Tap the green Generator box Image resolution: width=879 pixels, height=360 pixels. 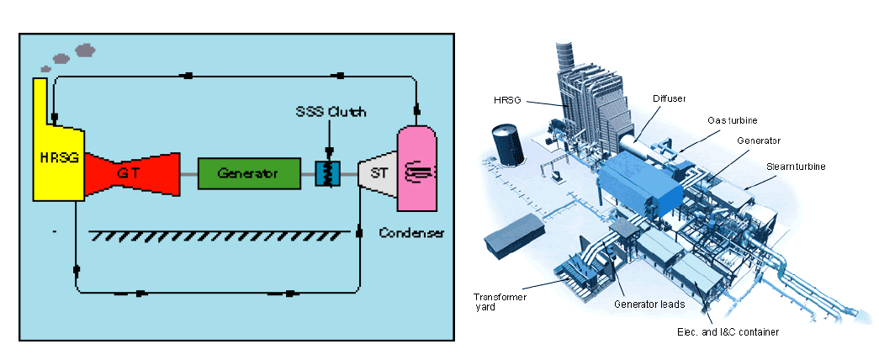248,173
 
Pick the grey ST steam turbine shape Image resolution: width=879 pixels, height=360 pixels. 373,173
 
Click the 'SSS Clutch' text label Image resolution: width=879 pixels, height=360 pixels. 331,112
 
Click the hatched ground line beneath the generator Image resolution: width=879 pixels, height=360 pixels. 219,236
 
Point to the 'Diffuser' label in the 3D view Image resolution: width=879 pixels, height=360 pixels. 669,98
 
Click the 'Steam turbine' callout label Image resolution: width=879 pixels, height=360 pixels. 796,167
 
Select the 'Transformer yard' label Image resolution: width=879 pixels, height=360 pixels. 501,300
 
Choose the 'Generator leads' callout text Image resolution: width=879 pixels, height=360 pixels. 649,304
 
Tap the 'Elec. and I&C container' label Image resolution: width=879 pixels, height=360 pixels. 728,331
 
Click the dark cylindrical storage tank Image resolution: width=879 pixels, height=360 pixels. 508,144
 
